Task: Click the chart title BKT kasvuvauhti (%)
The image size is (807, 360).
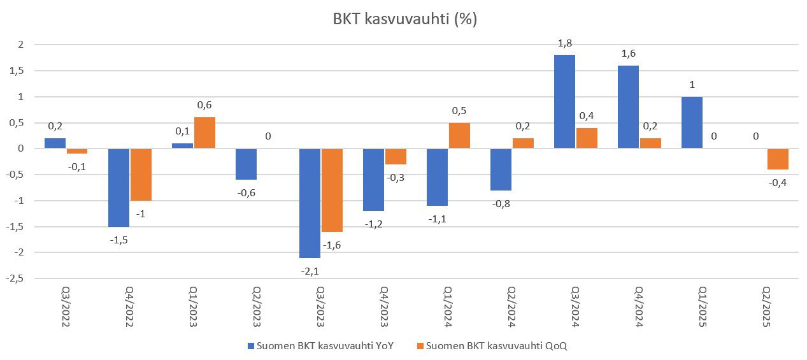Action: pos(405,20)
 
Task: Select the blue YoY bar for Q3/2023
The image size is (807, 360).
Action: pos(310,203)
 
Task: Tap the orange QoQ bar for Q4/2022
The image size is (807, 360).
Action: pos(141,175)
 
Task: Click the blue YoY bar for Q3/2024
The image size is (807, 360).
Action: pos(564,102)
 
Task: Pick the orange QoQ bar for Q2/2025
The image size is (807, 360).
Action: pos(778,159)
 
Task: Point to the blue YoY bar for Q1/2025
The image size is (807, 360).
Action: pos(692,123)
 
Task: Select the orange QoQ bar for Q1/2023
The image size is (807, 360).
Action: pos(204,133)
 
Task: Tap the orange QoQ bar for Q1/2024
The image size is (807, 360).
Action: pos(459,136)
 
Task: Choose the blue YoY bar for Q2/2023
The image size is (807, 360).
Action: pos(246,164)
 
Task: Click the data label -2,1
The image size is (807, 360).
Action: pos(310,271)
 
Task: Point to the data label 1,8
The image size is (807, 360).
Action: pos(564,43)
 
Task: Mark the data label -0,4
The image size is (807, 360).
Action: pos(778,183)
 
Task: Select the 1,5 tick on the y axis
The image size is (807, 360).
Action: pos(17,71)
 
